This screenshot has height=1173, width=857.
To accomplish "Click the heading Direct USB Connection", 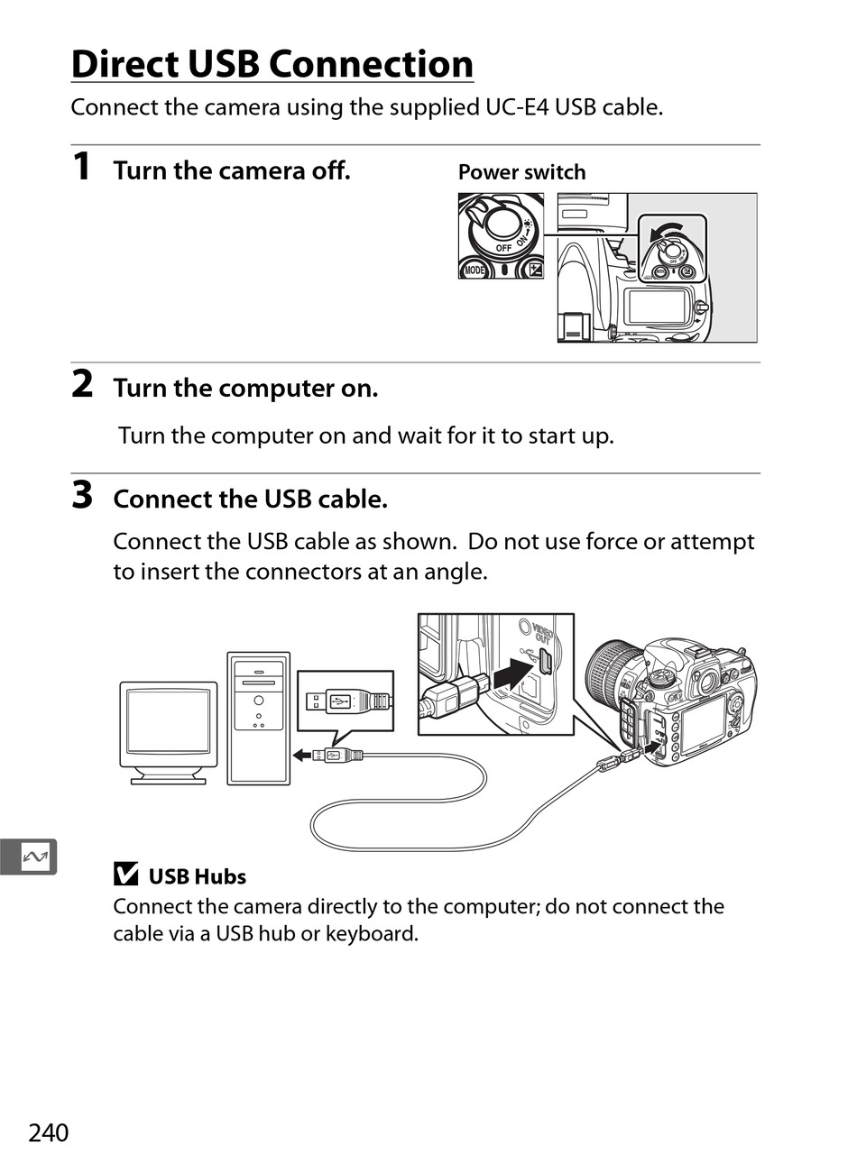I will (272, 65).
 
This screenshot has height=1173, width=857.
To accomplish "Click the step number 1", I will (81, 167).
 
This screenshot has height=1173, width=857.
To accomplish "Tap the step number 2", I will (82, 385).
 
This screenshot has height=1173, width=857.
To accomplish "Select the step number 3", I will (82, 495).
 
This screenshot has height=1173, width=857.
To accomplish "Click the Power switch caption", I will (521, 172).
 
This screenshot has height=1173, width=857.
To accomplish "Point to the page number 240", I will (48, 1132).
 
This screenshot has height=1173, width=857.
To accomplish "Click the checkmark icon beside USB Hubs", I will (125, 875).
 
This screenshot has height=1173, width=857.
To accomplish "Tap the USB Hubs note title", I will (197, 876).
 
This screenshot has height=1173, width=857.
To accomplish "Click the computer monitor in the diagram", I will (169, 731).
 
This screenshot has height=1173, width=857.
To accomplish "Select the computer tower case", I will (258, 718).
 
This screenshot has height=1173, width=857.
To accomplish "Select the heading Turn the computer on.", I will (245, 389).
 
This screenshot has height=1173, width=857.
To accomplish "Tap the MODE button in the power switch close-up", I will (474, 269).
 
